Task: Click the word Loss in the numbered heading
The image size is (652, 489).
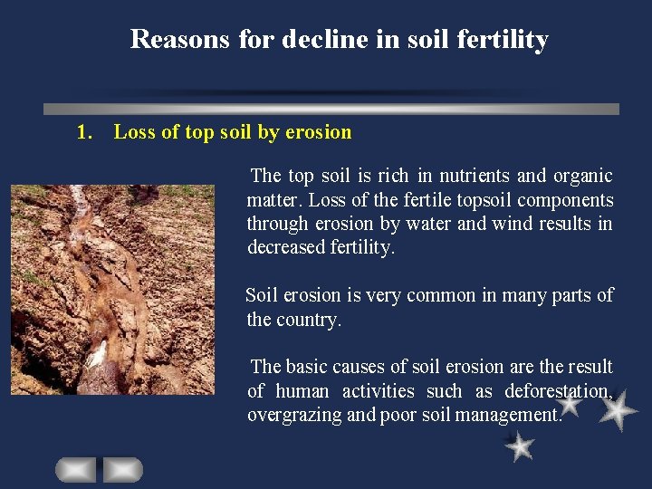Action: pyautogui.click(x=134, y=132)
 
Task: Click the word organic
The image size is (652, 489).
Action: pyautogui.click(x=580, y=176)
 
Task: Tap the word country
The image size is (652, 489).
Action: pyautogui.click(x=311, y=320)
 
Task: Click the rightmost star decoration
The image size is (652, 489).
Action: pyautogui.click(x=618, y=411)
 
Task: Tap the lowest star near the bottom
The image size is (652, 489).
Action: pyautogui.click(x=520, y=446)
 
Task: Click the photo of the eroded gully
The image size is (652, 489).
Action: pyautogui.click(x=112, y=289)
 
